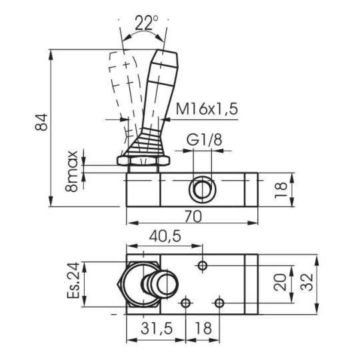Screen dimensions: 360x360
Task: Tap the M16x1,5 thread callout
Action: (x=207, y=109)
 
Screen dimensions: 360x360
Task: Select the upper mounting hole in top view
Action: (x=203, y=266)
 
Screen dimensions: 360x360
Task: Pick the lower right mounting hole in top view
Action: (x=219, y=304)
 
